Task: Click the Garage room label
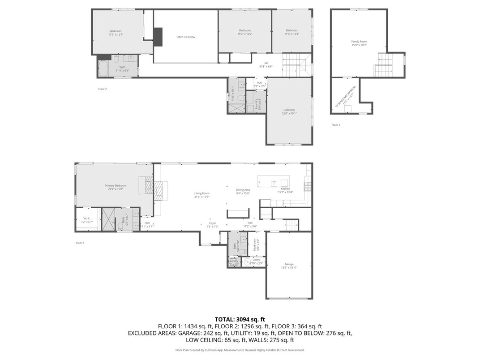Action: pyautogui.click(x=289, y=266)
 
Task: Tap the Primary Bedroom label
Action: pyautogui.click(x=116, y=187)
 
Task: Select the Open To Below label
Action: pyautogui.click(x=186, y=37)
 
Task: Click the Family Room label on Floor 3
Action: pyautogui.click(x=359, y=43)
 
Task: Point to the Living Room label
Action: pyautogui.click(x=202, y=195)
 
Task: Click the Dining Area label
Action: pyautogui.click(x=243, y=191)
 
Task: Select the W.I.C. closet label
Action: pyautogui.click(x=87, y=220)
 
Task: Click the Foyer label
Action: pyautogui.click(x=213, y=224)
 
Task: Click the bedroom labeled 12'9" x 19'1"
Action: pyautogui.click(x=289, y=111)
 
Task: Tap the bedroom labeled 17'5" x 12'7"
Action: pyautogui.click(x=116, y=33)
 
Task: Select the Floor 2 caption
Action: pyautogui.click(x=103, y=89)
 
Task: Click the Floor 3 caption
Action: pyautogui.click(x=336, y=124)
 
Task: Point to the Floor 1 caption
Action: pyautogui.click(x=80, y=243)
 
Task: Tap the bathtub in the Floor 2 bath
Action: pyautogui.click(x=103, y=69)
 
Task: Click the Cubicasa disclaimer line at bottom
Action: pyautogui.click(x=240, y=350)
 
